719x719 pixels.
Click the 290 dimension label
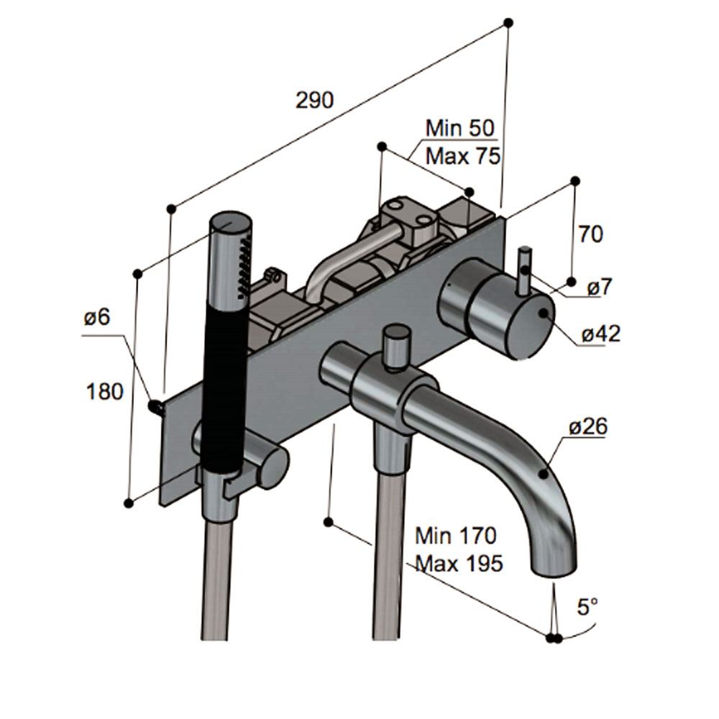[315, 100]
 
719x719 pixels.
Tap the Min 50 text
[460, 129]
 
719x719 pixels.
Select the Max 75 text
[462, 155]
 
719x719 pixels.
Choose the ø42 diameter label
[600, 334]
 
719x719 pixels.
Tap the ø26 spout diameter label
[587, 427]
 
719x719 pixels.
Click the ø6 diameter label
[96, 317]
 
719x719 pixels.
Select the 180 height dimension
[105, 392]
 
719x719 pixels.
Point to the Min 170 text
[456, 536]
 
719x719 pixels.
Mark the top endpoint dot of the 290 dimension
[508, 23]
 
